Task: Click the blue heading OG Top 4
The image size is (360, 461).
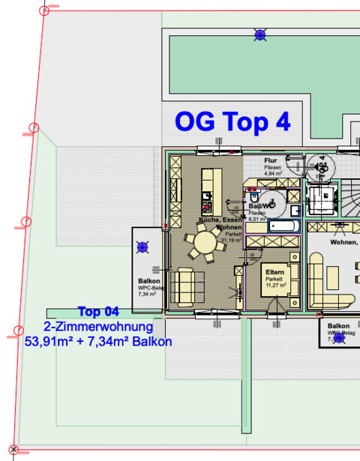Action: (x=232, y=121)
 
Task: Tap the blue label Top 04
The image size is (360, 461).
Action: (x=98, y=312)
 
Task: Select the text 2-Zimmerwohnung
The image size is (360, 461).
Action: (x=98, y=327)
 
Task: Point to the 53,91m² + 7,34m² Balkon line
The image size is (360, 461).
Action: (x=98, y=342)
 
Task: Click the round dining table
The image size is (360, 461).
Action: (x=204, y=244)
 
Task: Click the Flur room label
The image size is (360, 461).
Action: (x=271, y=161)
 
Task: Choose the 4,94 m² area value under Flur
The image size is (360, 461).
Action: (x=271, y=173)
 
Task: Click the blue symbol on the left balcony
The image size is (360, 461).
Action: (x=143, y=247)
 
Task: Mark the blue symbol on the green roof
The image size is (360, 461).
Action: (x=260, y=34)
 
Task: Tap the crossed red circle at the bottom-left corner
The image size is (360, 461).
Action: (x=13, y=450)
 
